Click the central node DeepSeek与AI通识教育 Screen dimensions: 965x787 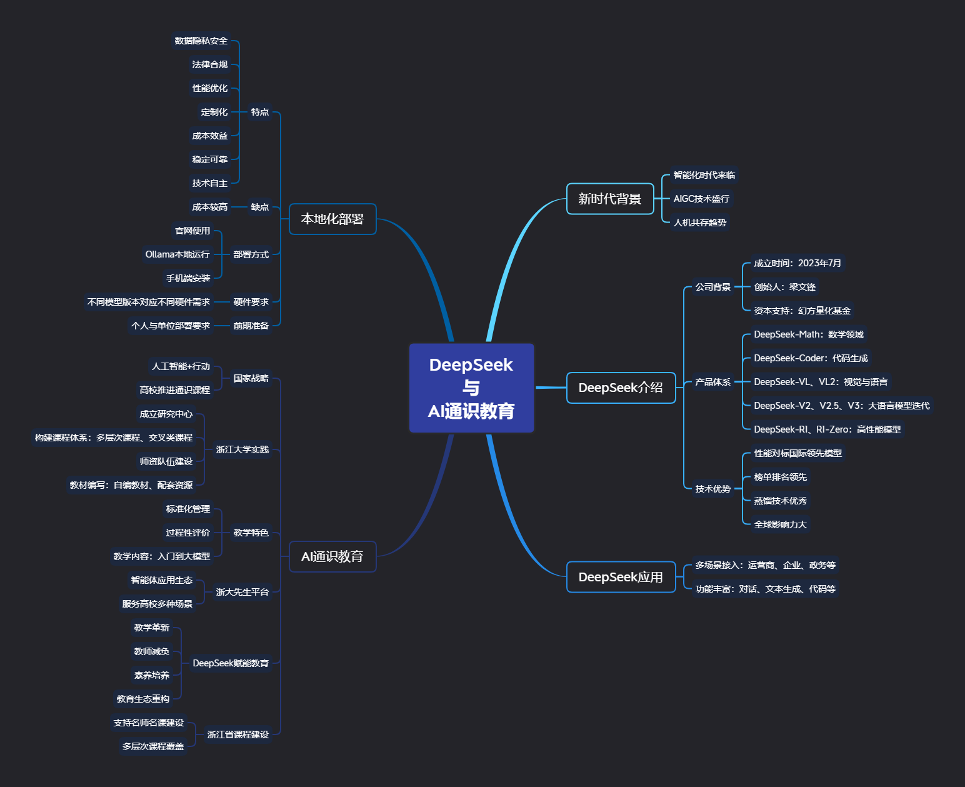click(x=471, y=388)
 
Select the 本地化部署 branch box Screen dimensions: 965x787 click(x=332, y=219)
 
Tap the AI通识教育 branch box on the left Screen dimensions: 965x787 click(x=332, y=556)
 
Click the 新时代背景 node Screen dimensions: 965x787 click(x=610, y=199)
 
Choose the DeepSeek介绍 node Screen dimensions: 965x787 click(x=621, y=388)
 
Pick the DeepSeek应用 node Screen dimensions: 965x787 click(x=621, y=577)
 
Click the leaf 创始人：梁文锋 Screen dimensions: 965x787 click(x=784, y=287)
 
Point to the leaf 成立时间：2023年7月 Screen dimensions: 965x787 click(x=797, y=263)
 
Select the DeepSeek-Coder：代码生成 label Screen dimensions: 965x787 click(x=811, y=358)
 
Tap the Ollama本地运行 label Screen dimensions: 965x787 click(x=177, y=254)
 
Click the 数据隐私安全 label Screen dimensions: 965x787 click(x=201, y=41)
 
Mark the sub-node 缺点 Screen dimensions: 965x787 click(x=260, y=207)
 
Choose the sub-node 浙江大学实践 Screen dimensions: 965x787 click(x=242, y=449)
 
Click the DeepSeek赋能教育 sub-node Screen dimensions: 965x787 click(x=231, y=663)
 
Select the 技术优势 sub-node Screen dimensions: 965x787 click(x=713, y=489)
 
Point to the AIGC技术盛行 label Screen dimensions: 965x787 click(x=701, y=199)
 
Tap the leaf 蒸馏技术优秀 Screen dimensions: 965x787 click(x=780, y=501)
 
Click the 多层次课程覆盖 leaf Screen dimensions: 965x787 click(x=153, y=746)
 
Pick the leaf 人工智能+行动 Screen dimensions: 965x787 click(x=181, y=366)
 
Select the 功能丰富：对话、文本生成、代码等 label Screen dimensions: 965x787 click(x=766, y=589)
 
